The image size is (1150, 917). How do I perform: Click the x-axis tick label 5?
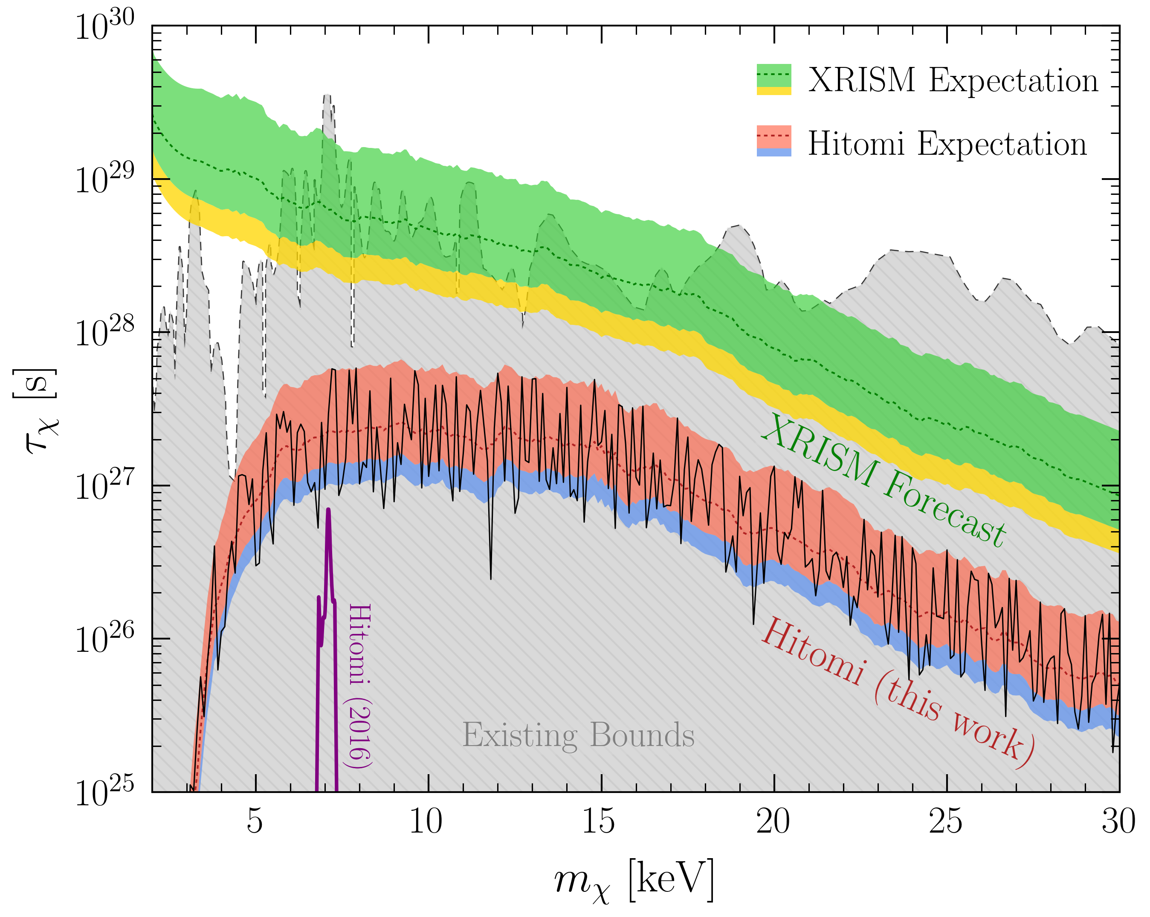coord(255,822)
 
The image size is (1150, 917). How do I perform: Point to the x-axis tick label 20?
coord(773,822)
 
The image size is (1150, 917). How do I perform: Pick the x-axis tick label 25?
coord(946,822)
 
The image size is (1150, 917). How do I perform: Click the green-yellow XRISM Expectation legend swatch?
coord(774,79)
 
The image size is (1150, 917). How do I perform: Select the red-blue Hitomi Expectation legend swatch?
coord(774,141)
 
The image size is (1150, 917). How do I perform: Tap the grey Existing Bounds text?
coord(578,736)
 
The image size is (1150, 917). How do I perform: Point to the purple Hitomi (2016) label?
coord(359,686)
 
